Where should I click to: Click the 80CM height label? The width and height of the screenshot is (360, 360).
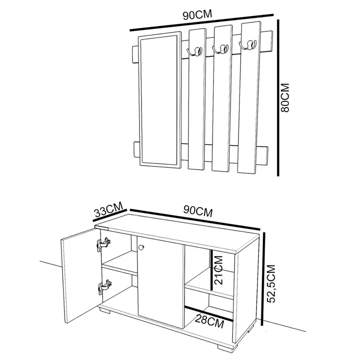(x=285, y=97)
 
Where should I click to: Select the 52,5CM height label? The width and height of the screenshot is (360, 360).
(x=271, y=283)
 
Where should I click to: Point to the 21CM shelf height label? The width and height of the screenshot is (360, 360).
(x=218, y=270)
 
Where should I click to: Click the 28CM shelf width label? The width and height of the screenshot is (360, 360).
(x=209, y=321)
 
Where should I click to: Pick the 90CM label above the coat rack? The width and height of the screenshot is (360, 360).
(x=197, y=14)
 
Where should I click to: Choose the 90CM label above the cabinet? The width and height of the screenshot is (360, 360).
(x=198, y=211)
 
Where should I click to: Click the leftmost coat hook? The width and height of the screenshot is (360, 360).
(x=194, y=51)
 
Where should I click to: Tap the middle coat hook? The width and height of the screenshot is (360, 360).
(x=220, y=49)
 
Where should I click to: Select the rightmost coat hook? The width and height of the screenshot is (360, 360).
(x=247, y=44)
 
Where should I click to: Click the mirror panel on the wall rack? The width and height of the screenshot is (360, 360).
(x=159, y=100)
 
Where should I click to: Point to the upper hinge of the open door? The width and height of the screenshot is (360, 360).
(x=103, y=244)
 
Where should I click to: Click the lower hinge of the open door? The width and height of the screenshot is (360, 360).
(x=105, y=287)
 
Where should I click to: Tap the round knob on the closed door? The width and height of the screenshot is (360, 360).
(x=141, y=247)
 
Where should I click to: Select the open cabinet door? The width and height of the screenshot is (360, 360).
(x=81, y=275)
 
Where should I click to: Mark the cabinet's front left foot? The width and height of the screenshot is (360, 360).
(x=105, y=311)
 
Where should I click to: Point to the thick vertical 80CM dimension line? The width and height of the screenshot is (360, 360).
(x=278, y=98)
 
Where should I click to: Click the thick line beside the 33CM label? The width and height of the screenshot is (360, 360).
(x=109, y=215)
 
